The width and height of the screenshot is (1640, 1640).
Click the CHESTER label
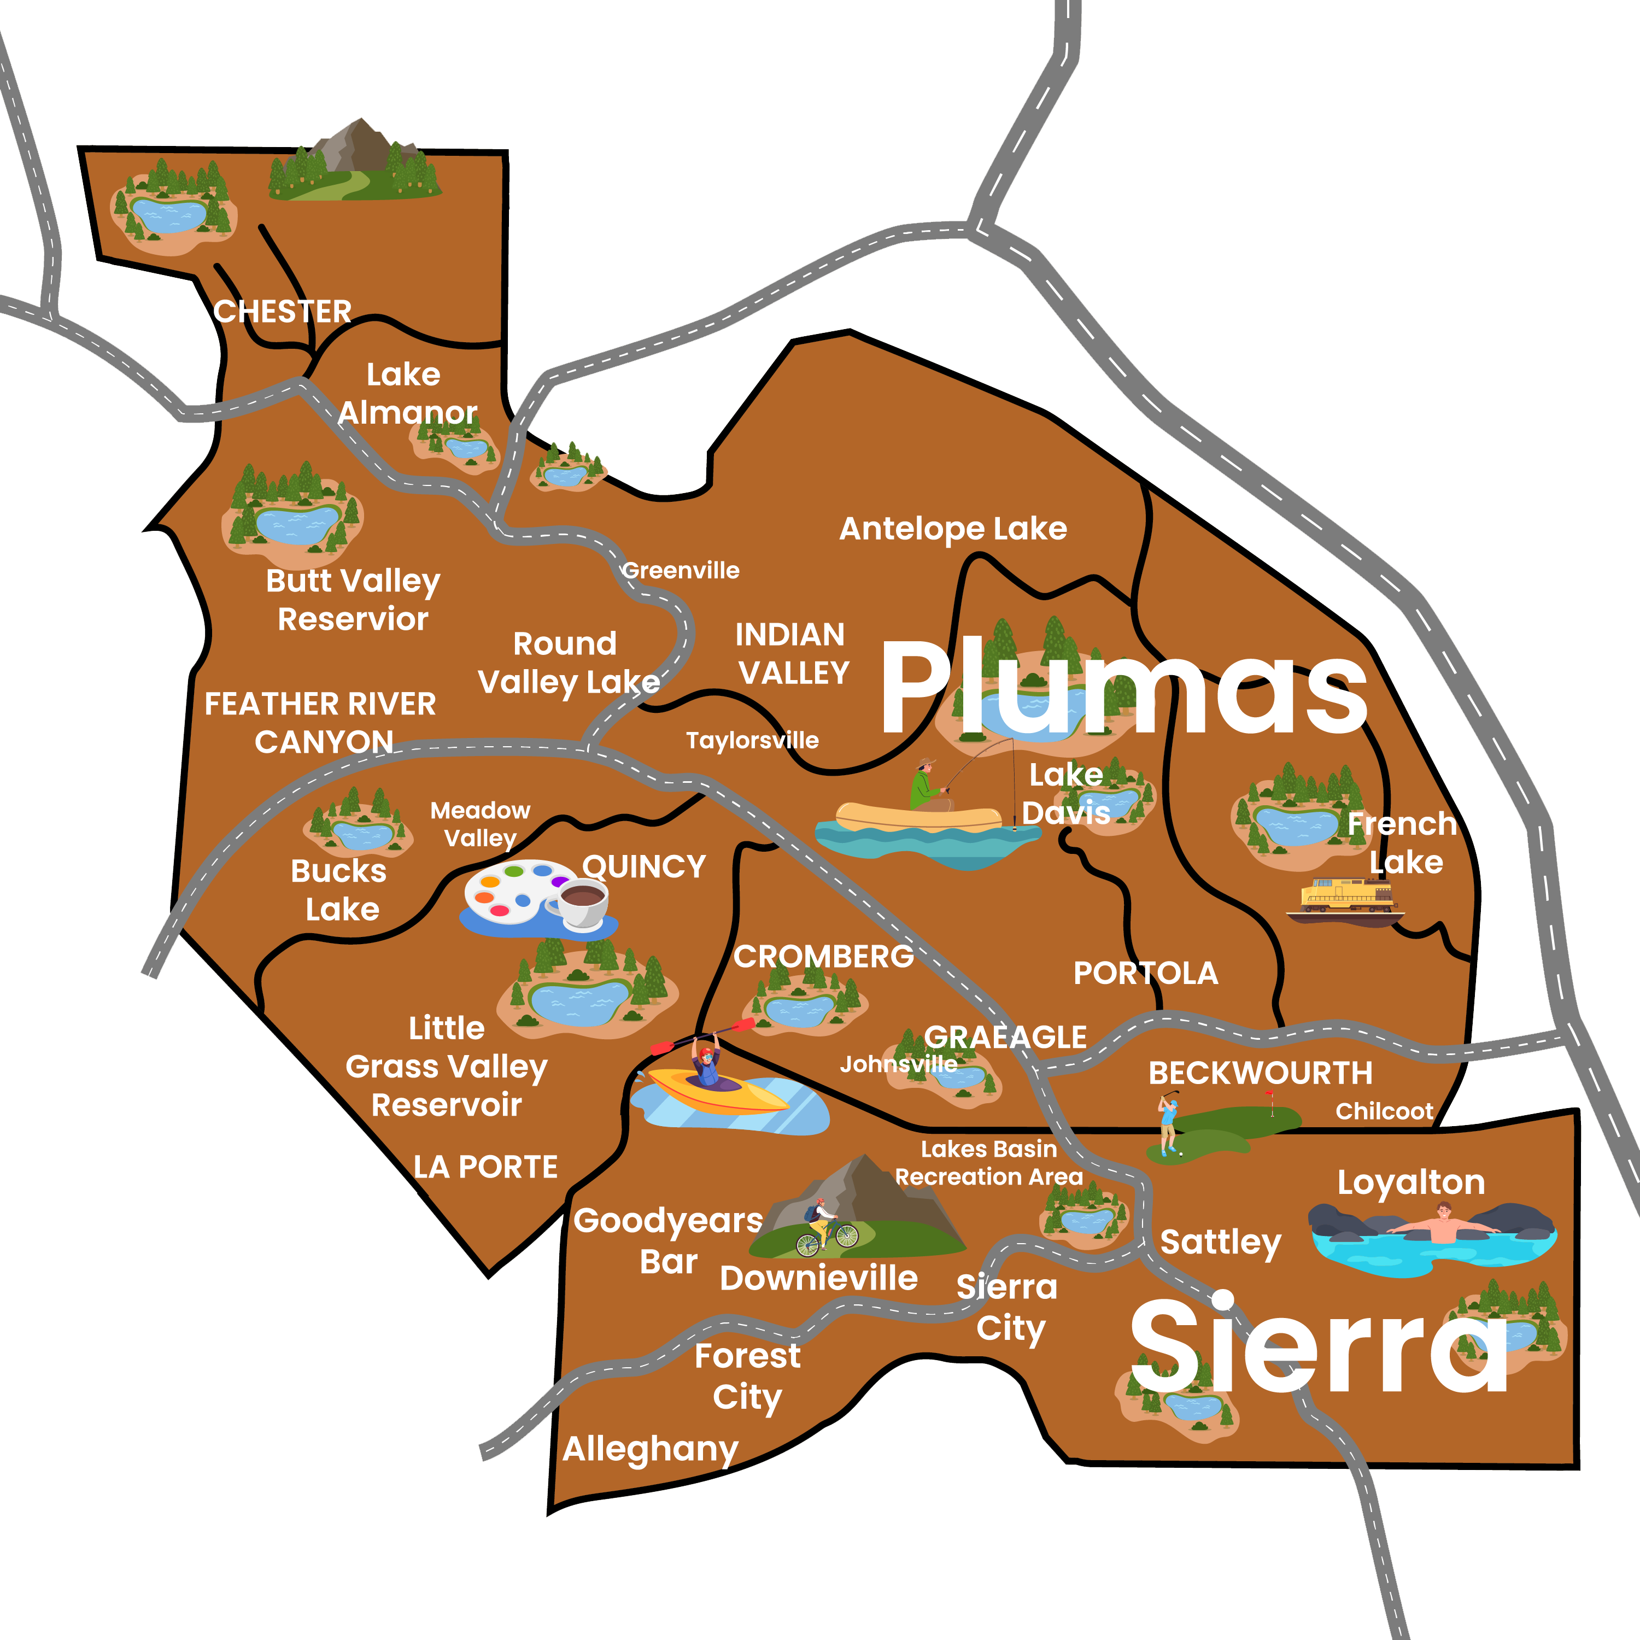pyautogui.click(x=282, y=312)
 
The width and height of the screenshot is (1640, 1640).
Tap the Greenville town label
pyautogui.click(x=681, y=570)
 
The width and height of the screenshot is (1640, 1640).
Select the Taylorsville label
pyautogui.click(x=752, y=740)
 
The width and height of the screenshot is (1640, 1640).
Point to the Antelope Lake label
pyautogui.click(x=952, y=529)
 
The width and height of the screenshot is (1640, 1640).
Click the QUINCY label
pyautogui.click(x=645, y=866)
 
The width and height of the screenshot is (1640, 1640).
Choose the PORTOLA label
pyautogui.click(x=1145, y=973)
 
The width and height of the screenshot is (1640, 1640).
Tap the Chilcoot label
pyautogui.click(x=1384, y=1111)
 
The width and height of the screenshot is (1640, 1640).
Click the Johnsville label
pyautogui.click(x=898, y=1064)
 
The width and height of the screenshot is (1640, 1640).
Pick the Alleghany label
pyautogui.click(x=650, y=1449)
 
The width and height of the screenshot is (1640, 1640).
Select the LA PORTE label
pyautogui.click(x=485, y=1167)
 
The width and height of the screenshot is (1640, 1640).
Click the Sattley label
pyautogui.click(x=1220, y=1242)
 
